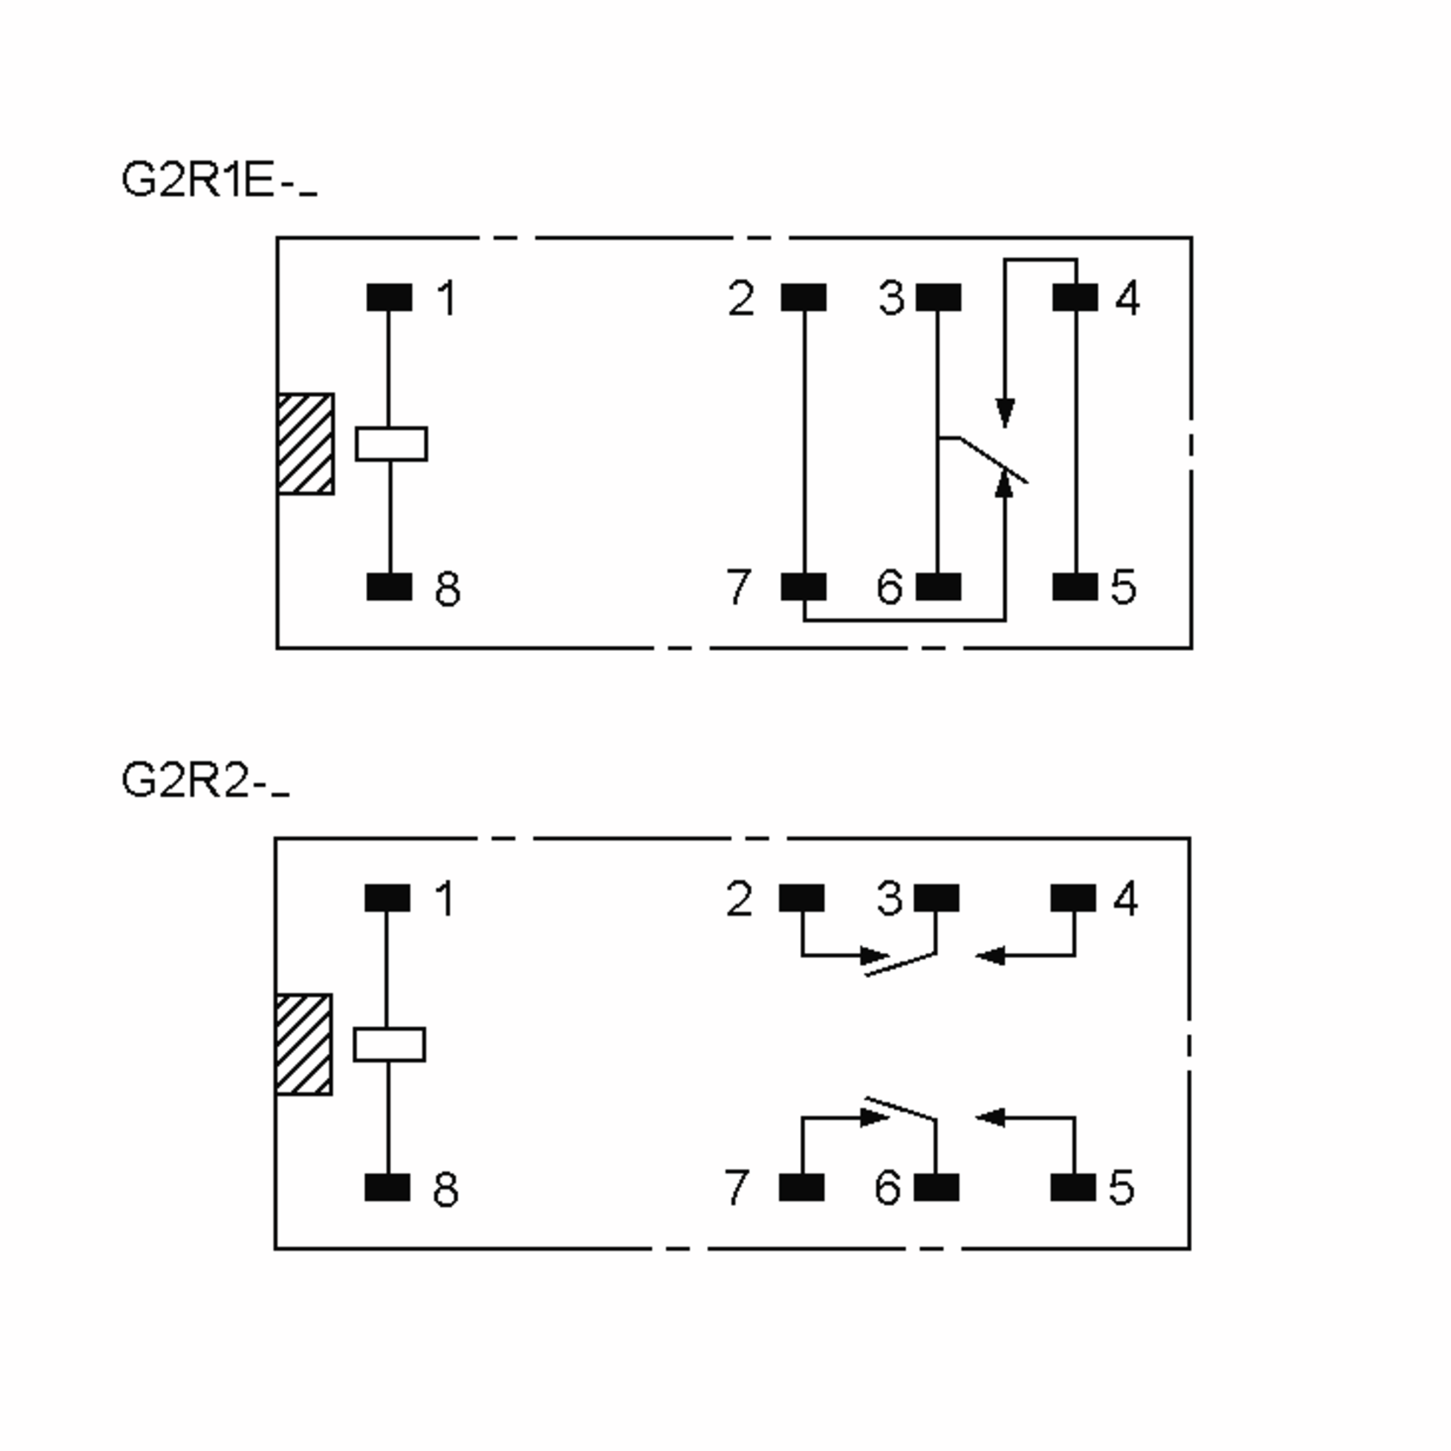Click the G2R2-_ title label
[x=204, y=781]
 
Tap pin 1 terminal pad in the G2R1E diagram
[x=389, y=297]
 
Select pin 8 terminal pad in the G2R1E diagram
[x=389, y=586]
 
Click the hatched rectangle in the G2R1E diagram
[x=305, y=443]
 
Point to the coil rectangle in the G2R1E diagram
[x=391, y=443]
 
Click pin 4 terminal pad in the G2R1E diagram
[x=1075, y=297]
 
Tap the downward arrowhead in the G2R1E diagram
[x=1005, y=412]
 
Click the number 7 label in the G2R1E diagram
[x=738, y=586]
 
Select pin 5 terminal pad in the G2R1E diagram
[x=1075, y=586]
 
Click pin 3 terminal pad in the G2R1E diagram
[x=938, y=297]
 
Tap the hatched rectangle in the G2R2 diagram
[x=304, y=1044]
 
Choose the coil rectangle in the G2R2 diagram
[x=389, y=1044]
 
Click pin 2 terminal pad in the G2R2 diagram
[x=801, y=897]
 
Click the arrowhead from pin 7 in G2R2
[x=874, y=1117]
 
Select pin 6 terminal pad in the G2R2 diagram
[x=936, y=1187]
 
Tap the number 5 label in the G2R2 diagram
[x=1122, y=1187]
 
